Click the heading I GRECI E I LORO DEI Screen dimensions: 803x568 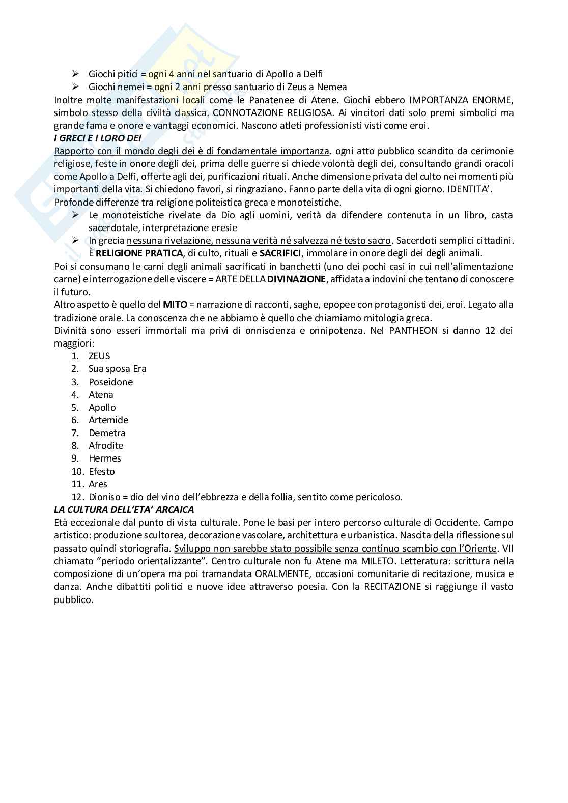[98, 138]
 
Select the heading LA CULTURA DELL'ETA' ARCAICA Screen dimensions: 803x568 [124, 509]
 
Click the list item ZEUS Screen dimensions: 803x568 [99, 356]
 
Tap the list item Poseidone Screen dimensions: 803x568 [110, 382]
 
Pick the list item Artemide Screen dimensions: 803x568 [108, 420]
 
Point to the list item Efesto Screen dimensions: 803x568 [102, 471]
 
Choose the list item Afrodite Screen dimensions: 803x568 [106, 445]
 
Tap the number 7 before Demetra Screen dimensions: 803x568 [75, 433]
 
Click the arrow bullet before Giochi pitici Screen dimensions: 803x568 [76, 74]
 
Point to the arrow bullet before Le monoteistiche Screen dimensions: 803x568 [76, 215]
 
